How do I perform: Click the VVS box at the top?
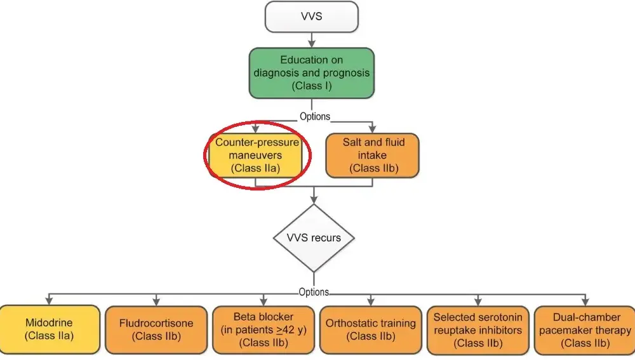click(311, 17)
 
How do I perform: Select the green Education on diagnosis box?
click(311, 73)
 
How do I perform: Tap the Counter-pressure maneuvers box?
click(255, 155)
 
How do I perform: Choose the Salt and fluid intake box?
click(372, 155)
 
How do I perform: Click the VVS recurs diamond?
click(314, 237)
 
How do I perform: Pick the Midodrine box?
click(49, 330)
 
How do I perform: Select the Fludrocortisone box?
click(156, 330)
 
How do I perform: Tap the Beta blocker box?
click(264, 330)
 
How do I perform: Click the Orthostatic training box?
click(371, 330)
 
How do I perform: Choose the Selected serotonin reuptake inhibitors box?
click(478, 330)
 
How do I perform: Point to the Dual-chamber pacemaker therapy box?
click(585, 330)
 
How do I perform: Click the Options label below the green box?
click(315, 117)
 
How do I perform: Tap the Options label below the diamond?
click(314, 292)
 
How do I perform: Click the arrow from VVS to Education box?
click(311, 40)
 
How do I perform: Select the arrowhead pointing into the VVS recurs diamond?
click(314, 199)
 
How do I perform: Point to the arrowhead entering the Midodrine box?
click(49, 301)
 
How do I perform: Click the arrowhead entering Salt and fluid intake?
click(372, 129)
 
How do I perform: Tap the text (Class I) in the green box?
click(311, 86)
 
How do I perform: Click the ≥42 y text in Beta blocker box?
click(291, 330)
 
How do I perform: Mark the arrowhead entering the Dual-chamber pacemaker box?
click(585, 302)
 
